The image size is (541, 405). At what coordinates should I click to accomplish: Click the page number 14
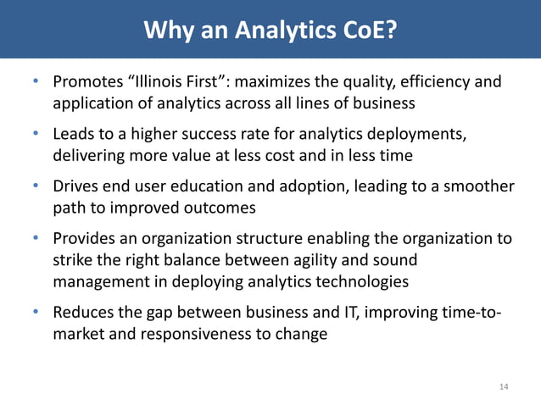click(504, 387)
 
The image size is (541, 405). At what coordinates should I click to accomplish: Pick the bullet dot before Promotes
click(36, 83)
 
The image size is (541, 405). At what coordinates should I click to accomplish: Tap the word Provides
click(84, 239)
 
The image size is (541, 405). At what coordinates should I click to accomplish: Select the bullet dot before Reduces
click(36, 313)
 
